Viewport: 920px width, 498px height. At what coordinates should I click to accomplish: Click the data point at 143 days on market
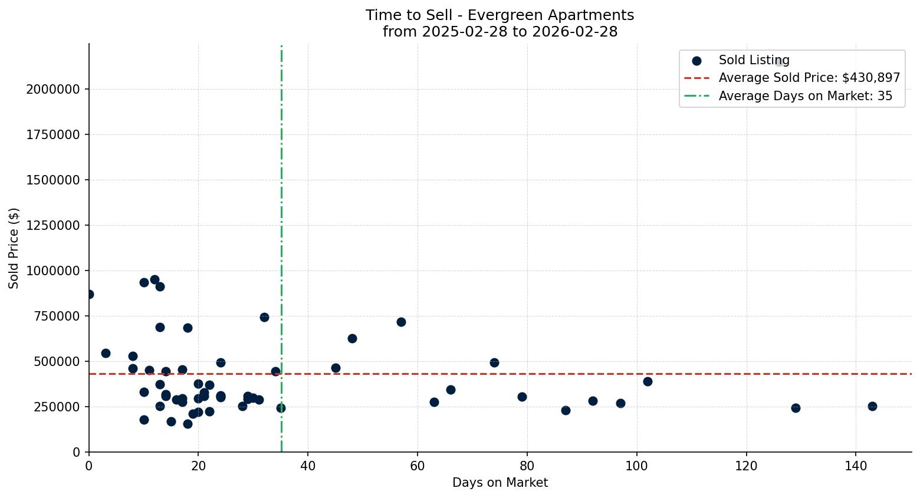872,406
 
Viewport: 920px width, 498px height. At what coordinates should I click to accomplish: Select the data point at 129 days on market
796,408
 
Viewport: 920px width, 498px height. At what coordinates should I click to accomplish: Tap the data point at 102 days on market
648,381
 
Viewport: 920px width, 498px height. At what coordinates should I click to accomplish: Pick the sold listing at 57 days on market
401,322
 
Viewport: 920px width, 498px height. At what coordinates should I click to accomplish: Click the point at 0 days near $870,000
90,294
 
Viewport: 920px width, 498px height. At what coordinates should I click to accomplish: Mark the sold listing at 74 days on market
494,362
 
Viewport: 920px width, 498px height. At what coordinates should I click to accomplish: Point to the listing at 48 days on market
352,338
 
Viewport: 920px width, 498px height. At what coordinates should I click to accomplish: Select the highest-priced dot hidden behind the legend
779,62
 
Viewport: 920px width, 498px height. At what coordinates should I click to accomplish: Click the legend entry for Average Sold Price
809,78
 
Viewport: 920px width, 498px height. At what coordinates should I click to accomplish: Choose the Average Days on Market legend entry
805,96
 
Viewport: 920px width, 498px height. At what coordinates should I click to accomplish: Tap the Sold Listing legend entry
753,60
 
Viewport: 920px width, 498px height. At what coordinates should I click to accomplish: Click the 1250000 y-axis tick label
53,225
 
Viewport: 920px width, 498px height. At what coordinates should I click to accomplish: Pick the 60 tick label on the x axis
418,465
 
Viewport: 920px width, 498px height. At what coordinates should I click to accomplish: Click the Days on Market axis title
500,483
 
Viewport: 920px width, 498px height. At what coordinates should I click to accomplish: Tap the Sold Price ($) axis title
14,248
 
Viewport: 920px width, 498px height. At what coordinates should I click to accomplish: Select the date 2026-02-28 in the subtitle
574,32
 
